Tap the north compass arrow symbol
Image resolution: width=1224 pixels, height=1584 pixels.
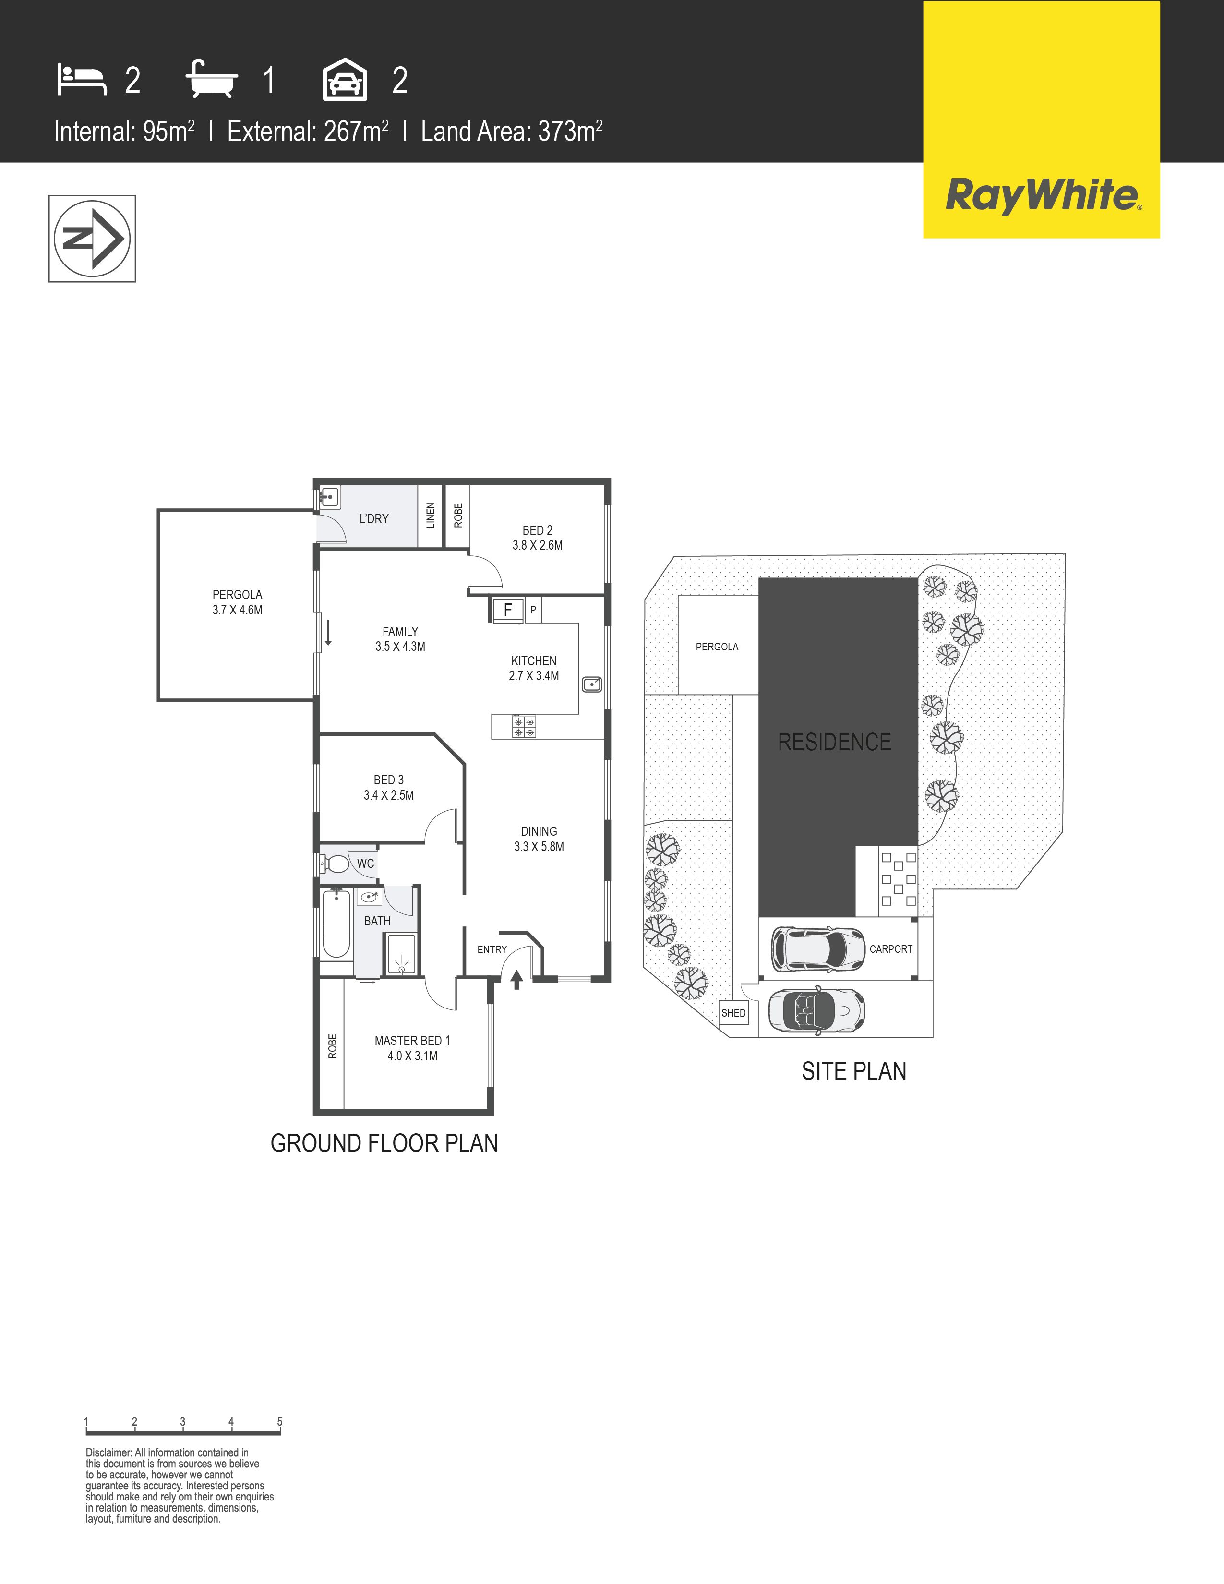(x=92, y=239)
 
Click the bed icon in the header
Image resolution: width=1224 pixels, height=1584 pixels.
(x=82, y=80)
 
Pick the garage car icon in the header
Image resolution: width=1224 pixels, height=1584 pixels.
(x=345, y=80)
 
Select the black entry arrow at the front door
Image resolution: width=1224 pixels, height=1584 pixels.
(x=516, y=981)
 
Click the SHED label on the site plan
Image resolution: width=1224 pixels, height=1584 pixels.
(x=733, y=1013)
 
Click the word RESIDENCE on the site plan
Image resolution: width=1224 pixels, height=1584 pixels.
(x=834, y=742)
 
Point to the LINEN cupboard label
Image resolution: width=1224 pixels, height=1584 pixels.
(x=431, y=515)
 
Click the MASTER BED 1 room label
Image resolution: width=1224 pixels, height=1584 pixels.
(x=412, y=1041)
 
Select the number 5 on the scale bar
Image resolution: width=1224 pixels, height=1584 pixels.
(x=279, y=1422)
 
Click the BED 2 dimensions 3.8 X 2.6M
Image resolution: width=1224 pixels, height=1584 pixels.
(x=537, y=545)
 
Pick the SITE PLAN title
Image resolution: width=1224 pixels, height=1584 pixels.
(x=853, y=1071)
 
